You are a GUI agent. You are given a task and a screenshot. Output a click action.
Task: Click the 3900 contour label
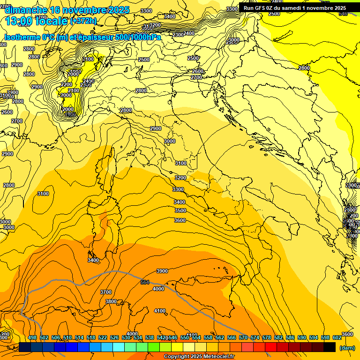162,271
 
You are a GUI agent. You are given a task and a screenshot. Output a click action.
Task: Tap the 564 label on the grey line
145,282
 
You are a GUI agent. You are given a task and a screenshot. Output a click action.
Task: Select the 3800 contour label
111,301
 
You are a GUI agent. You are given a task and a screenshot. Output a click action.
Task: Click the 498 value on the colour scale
32,337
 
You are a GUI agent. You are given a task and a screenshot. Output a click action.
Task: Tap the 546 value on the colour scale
173,337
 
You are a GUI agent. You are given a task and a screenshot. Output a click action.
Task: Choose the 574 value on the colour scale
255,337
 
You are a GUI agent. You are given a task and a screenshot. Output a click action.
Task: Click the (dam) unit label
347,348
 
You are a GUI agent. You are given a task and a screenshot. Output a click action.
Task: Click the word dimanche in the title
26,10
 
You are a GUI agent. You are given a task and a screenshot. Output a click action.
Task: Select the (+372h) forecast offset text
83,21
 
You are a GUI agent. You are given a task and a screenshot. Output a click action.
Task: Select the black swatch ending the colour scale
330,347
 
